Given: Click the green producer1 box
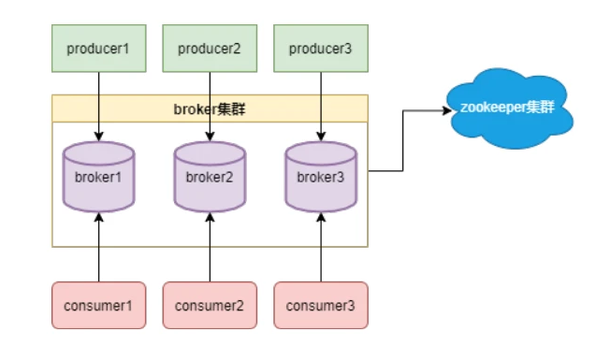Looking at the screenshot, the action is (99, 49).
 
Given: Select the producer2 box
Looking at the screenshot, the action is (210, 49).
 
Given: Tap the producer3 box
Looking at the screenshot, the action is (321, 49).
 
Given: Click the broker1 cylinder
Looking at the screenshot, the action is (99, 177).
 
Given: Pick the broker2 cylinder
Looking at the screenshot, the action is (210, 177).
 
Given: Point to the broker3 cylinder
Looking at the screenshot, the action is (321, 177).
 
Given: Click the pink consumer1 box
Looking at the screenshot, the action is (99, 306).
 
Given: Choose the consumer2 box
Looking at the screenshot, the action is (210, 306).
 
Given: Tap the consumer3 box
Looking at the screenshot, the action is (321, 306).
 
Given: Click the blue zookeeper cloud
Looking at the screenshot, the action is (509, 108).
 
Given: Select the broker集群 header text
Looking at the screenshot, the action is (210, 109).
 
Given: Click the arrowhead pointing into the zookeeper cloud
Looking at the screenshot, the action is (447, 110).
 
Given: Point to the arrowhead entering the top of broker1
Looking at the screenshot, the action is (99, 137).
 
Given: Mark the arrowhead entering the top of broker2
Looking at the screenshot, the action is (210, 137).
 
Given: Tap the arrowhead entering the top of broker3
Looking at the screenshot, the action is (321, 137).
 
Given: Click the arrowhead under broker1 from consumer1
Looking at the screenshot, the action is (99, 217).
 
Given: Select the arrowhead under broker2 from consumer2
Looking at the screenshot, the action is (210, 217).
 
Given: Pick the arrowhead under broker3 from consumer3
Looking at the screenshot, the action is (321, 217).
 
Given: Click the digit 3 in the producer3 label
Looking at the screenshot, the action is (348, 49).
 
